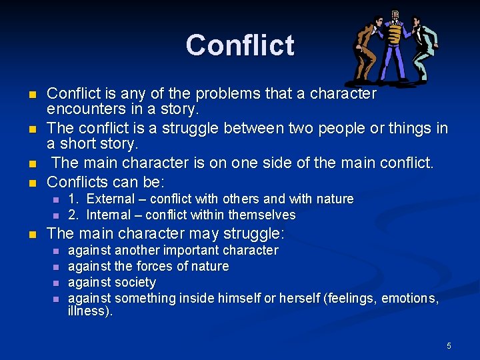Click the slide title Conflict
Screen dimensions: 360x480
click(240, 45)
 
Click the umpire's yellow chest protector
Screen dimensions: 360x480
click(395, 33)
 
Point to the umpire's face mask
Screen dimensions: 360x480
click(395, 15)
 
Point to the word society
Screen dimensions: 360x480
click(135, 282)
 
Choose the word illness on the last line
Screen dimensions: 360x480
click(88, 311)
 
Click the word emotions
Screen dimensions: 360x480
click(408, 298)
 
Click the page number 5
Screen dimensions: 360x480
click(449, 345)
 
